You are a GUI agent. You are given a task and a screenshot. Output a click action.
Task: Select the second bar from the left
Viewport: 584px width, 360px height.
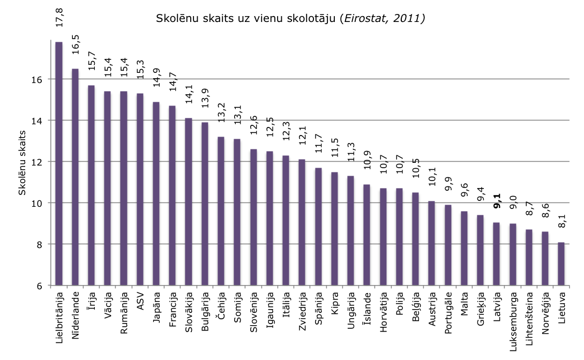tap(75, 177)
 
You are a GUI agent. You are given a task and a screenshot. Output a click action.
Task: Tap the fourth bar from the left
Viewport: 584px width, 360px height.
tap(107, 188)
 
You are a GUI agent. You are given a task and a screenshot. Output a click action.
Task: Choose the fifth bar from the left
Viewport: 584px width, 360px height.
tap(124, 188)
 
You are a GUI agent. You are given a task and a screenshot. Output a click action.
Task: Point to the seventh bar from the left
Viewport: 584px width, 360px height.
tap(156, 193)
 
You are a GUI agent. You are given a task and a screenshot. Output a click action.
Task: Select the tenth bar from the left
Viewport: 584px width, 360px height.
tap(205, 204)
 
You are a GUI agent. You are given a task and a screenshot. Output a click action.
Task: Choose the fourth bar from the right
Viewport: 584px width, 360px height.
tap(513, 254)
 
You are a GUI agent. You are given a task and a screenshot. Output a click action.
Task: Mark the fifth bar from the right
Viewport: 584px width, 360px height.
tap(496, 254)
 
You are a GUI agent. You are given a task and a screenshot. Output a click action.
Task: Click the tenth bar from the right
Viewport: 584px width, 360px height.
tap(415, 239)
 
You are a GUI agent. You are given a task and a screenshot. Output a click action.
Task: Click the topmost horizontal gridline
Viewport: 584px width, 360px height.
tap(321, 79)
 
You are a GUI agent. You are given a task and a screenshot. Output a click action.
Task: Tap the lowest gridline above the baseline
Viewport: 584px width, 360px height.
tap(321, 244)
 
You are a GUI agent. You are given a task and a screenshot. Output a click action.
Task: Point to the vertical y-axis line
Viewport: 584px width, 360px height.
tap(51, 161)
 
